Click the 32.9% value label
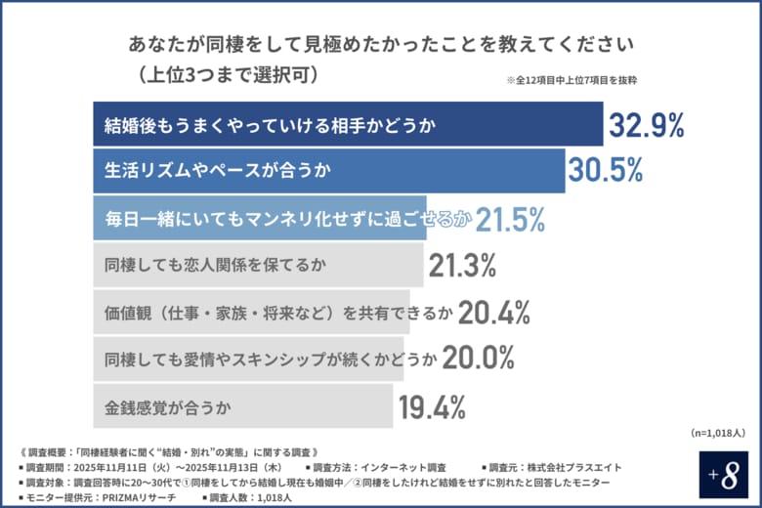(647, 124)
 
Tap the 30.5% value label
(606, 171)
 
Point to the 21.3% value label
(462, 265)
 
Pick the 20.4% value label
(493, 312)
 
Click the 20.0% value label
(478, 359)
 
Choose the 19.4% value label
(431, 405)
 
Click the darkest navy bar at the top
(348, 124)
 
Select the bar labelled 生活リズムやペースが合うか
(328, 171)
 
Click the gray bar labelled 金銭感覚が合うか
(243, 405)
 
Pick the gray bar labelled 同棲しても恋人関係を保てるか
(259, 265)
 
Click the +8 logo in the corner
(724, 474)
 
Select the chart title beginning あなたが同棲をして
(382, 44)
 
